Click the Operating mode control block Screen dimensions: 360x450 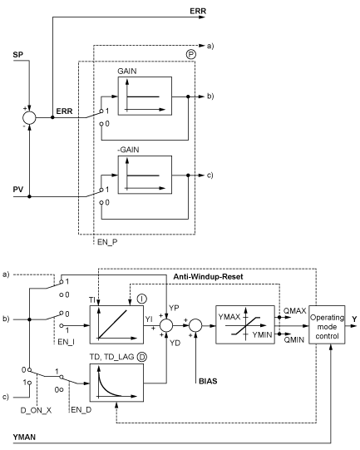[327, 324]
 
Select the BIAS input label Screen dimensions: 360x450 [208, 382]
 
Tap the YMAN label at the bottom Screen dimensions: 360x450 [24, 437]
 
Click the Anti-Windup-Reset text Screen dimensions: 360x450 [208, 277]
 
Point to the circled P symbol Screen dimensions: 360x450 [190, 55]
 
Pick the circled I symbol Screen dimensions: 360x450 [141, 299]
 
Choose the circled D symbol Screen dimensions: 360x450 [141, 357]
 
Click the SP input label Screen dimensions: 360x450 [17, 55]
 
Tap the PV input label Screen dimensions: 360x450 [18, 190]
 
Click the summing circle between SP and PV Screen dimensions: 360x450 [29, 117]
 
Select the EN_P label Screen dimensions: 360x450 [107, 242]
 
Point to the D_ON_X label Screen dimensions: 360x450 [36, 410]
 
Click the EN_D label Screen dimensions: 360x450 [81, 410]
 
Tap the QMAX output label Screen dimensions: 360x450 [294, 311]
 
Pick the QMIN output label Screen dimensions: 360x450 [293, 340]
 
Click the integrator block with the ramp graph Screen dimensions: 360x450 [116, 324]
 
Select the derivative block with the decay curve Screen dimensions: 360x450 [116, 383]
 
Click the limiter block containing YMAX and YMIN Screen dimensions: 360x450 [245, 324]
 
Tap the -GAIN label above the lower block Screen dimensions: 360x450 [128, 150]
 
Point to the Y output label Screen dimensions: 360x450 [354, 319]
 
